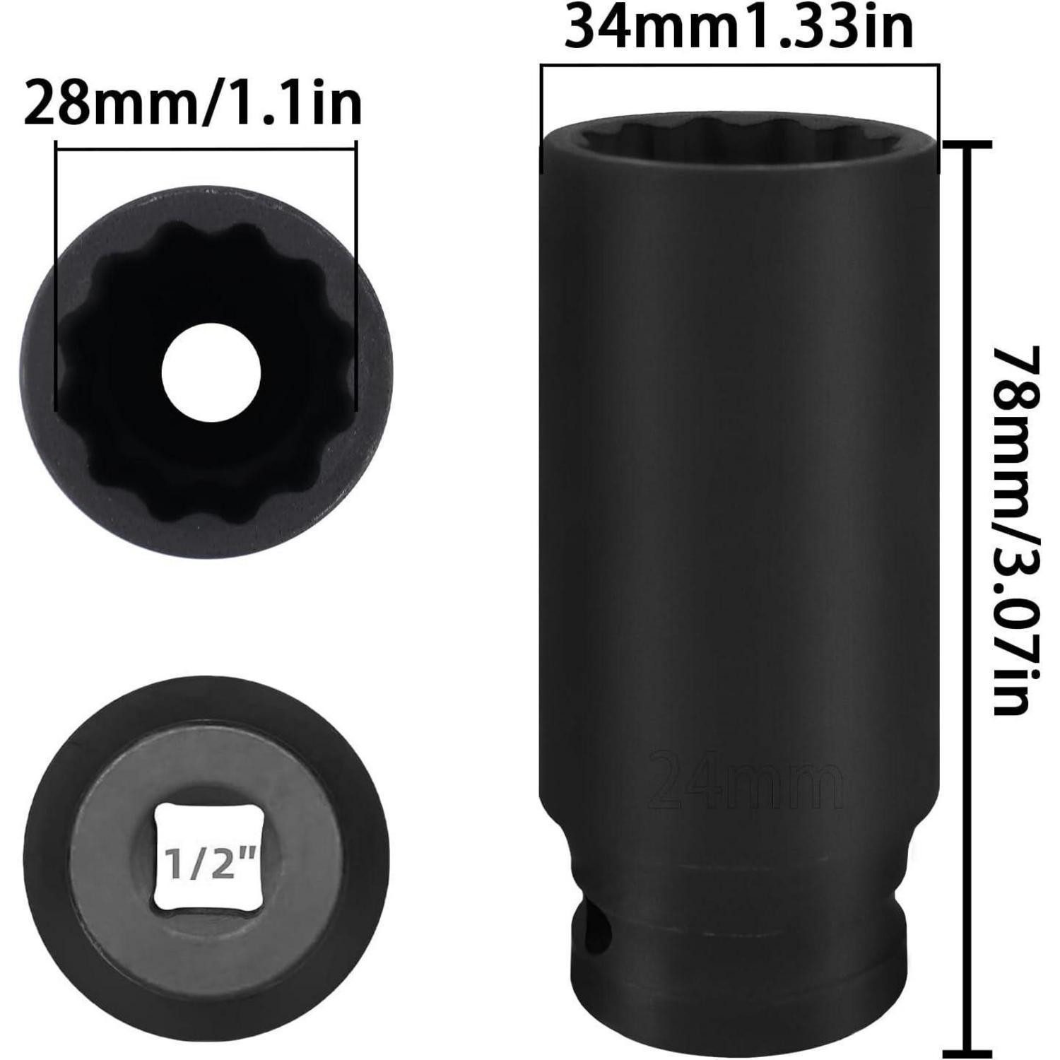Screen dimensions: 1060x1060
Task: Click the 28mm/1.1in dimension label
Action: (x=192, y=103)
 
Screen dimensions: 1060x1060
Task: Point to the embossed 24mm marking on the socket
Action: (x=746, y=781)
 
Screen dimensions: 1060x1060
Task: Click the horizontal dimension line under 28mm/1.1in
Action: (x=205, y=149)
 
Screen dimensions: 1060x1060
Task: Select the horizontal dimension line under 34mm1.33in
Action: (x=740, y=66)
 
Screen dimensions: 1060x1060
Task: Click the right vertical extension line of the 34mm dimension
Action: (x=938, y=117)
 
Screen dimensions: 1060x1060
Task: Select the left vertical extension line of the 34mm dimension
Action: (x=541, y=117)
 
